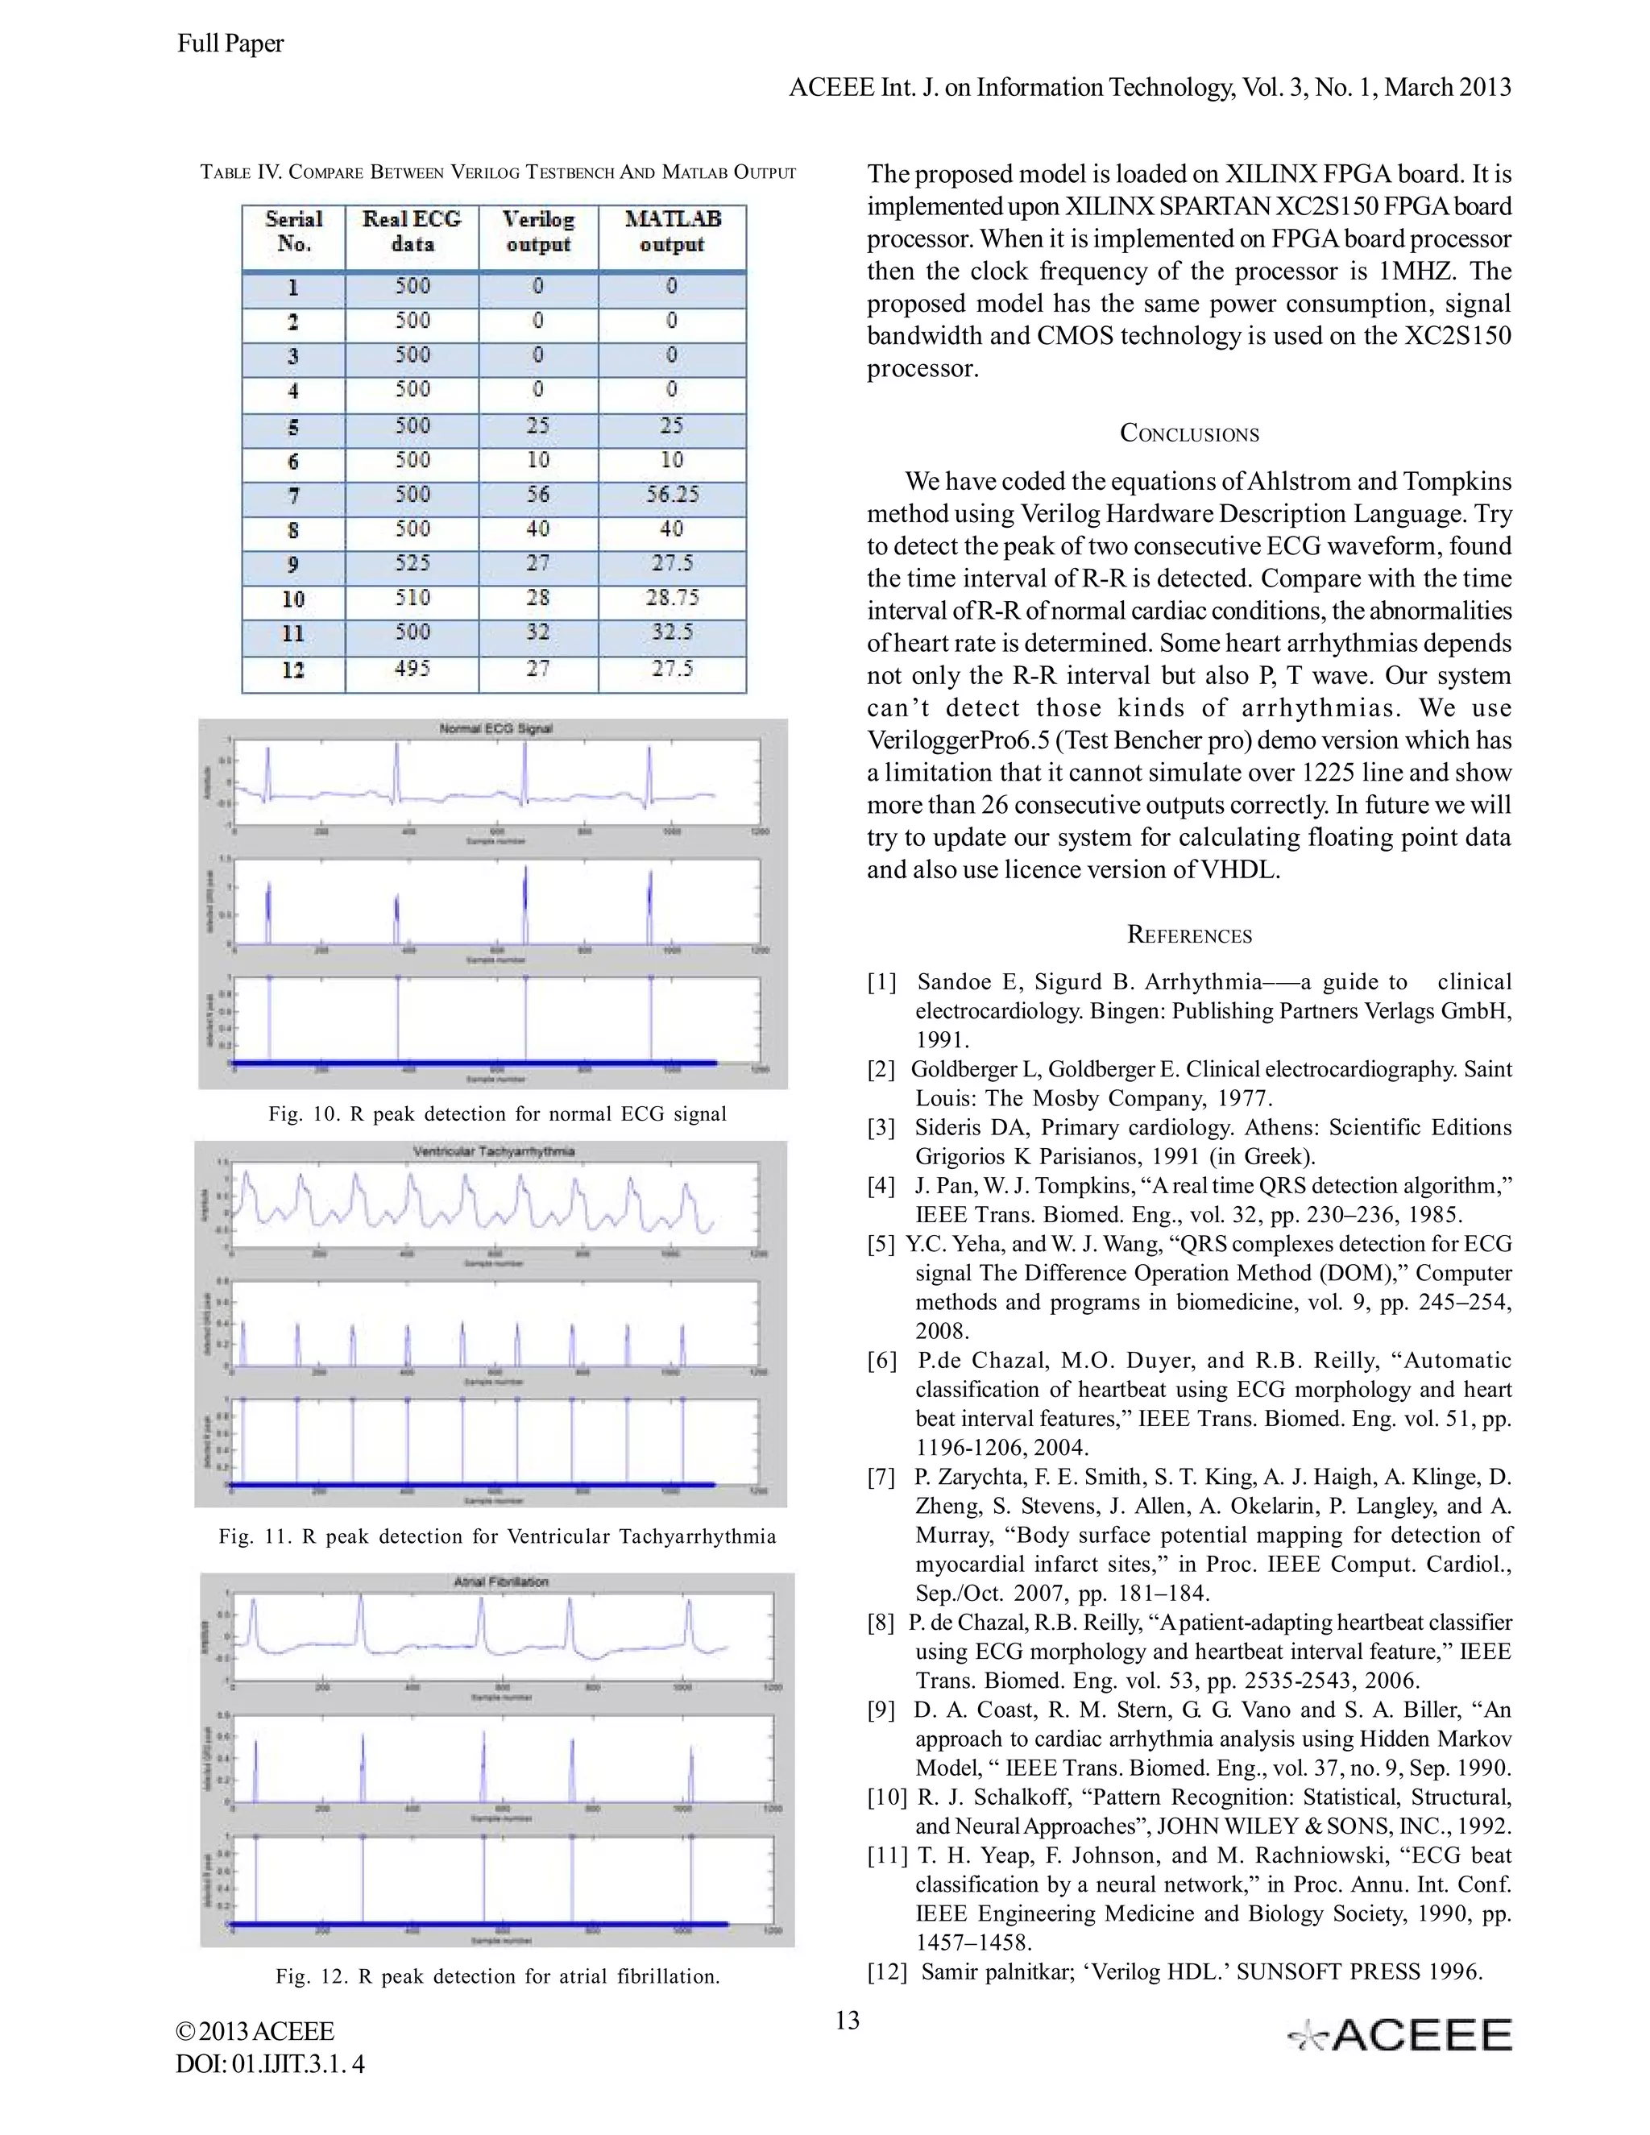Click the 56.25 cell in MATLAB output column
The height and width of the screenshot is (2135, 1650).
click(x=672, y=495)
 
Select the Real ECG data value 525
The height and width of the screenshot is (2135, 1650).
click(x=412, y=563)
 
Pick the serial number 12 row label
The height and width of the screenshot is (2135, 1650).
click(x=293, y=670)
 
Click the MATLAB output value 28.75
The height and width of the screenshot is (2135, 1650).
click(x=672, y=597)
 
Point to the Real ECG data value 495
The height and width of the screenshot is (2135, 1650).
click(x=412, y=669)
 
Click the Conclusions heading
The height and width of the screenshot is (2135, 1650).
click(x=1188, y=433)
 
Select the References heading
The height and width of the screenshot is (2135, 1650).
click(x=1188, y=935)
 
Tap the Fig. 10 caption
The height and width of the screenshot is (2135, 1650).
click(x=498, y=1113)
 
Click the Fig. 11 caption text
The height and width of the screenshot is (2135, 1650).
click(x=498, y=1536)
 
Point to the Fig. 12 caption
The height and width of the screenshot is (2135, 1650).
click(x=498, y=1975)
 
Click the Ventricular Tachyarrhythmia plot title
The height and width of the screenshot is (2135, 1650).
click(x=494, y=1150)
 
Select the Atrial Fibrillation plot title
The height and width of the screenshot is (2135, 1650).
click(x=501, y=1581)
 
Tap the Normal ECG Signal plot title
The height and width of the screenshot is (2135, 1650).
click(x=495, y=728)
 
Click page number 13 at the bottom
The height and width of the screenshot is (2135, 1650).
click(x=848, y=2020)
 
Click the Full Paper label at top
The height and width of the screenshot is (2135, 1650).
click(x=230, y=43)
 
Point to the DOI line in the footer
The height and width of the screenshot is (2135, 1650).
click(x=271, y=2063)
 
